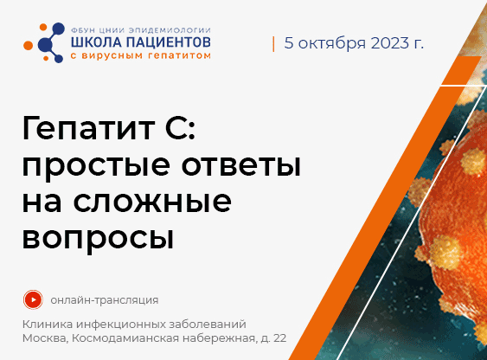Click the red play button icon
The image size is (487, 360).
coord(33,299)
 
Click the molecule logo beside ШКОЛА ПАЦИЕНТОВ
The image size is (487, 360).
coord(44,42)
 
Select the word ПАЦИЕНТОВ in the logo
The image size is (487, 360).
coord(169,42)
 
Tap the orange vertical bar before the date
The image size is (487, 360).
coord(273,44)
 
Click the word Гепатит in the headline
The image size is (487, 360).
coord(88,128)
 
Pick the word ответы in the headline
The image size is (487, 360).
coord(241,165)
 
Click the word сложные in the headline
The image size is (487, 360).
coord(152,202)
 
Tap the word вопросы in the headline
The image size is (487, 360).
coord(98,239)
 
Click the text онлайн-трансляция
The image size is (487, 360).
coord(105,300)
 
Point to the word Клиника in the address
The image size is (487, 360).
coord(48,325)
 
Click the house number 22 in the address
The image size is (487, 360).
coord(280,338)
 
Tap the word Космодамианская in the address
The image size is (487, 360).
coord(125,338)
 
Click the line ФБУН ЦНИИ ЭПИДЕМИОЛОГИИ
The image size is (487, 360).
coord(141,30)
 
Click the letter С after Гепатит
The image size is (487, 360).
coord(177,128)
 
